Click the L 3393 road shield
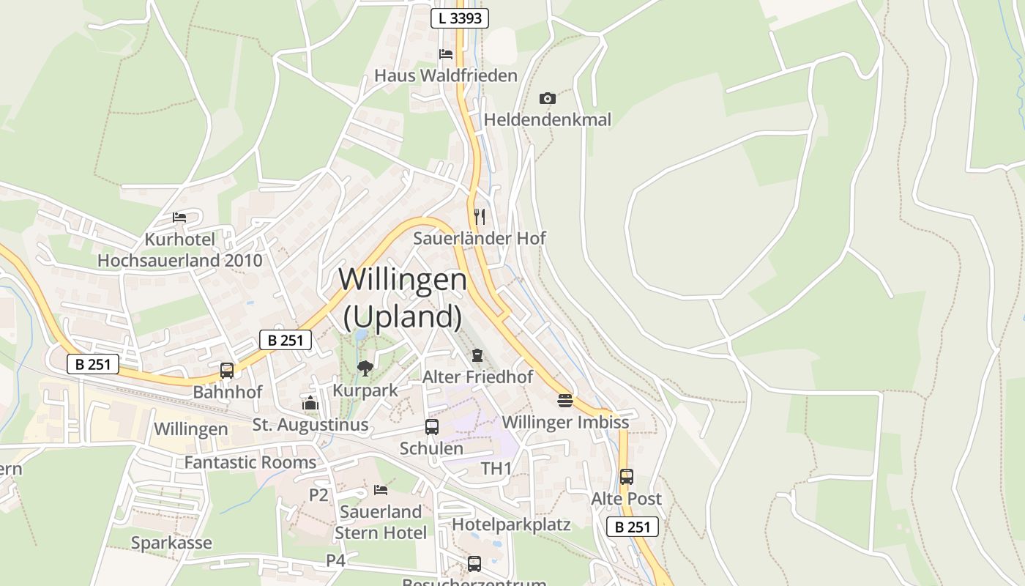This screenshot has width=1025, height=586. point(459,18)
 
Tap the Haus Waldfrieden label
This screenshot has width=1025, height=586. point(445,75)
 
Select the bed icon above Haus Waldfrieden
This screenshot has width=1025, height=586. point(445,54)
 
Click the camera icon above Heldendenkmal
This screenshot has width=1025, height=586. point(547,98)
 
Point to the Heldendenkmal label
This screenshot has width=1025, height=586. point(547,119)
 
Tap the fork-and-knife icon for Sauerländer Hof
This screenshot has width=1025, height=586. point(480,216)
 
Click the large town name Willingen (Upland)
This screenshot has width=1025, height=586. point(403,297)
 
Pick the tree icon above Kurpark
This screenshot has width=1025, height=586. point(365,368)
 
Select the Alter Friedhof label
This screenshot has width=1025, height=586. point(477,377)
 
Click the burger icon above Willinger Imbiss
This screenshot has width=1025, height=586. point(564,401)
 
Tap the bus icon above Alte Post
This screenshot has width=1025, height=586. point(626,477)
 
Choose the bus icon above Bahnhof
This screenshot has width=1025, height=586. point(227,371)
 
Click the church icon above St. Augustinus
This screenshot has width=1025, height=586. point(310,403)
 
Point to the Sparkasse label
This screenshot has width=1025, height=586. point(171,543)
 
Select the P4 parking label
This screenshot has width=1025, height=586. point(335,560)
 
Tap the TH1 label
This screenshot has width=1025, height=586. point(496,468)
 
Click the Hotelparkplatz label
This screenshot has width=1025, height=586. point(511,524)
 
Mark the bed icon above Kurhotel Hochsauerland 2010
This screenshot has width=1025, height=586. point(179,218)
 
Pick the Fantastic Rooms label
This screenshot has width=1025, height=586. point(250,462)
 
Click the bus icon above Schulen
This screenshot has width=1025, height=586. point(432,427)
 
